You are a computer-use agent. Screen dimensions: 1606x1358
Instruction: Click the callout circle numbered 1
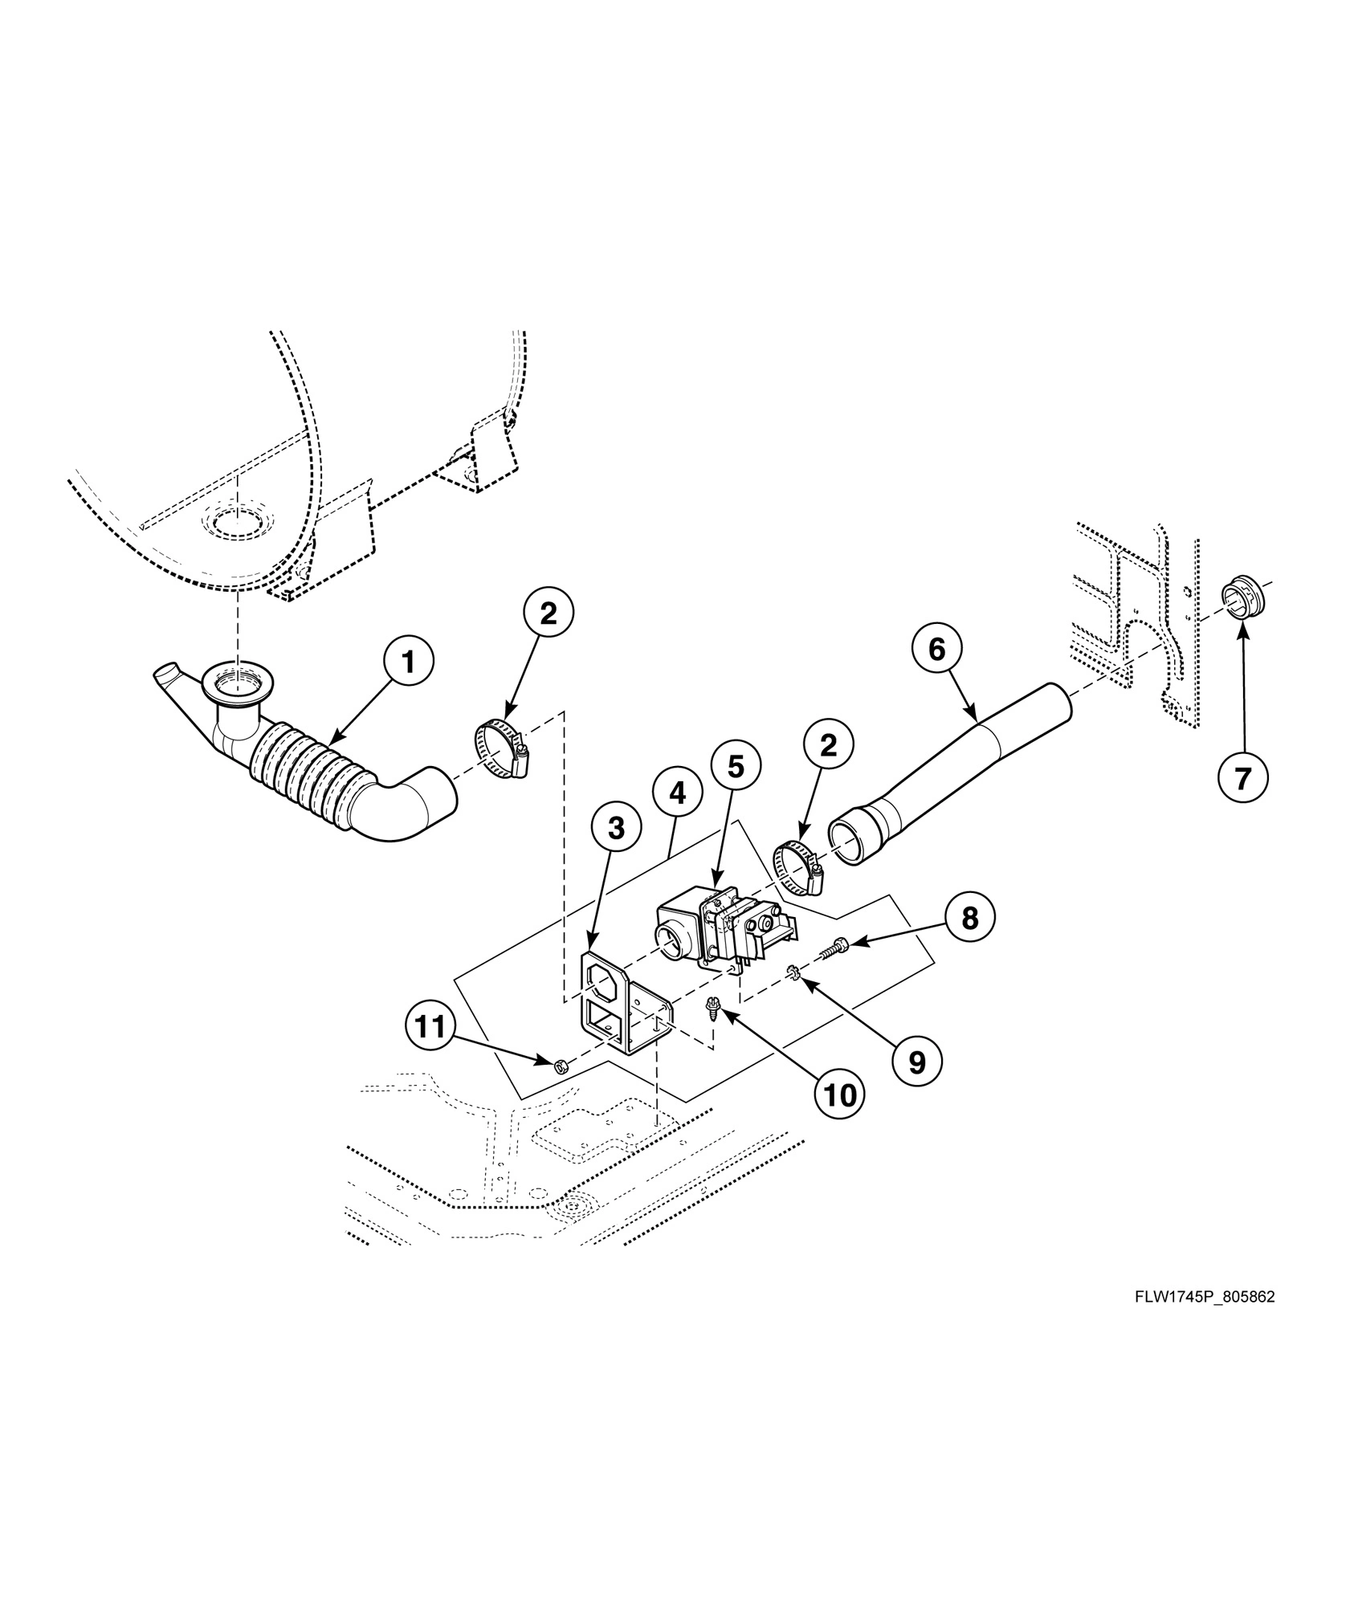(408, 663)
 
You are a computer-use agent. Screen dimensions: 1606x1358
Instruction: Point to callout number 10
(841, 1094)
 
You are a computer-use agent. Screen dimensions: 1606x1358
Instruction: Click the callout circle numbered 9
(916, 1062)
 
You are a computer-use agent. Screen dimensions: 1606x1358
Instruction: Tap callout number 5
(736, 767)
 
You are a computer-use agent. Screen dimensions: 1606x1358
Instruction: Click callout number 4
(677, 793)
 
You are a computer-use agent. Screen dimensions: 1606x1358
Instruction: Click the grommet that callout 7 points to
(1242, 597)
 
